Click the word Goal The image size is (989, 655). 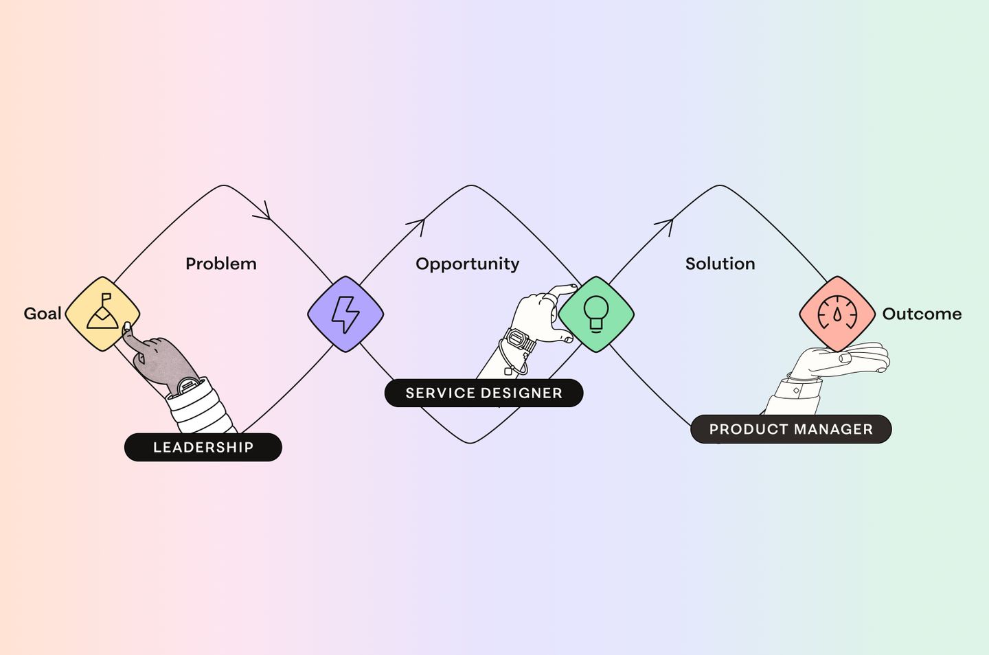click(43, 314)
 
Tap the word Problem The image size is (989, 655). click(221, 264)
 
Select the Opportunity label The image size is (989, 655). click(467, 264)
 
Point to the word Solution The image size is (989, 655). click(720, 264)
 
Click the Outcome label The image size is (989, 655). click(922, 314)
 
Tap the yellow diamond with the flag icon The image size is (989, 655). click(102, 313)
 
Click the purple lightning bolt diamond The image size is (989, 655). click(345, 314)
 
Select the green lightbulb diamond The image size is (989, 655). click(596, 314)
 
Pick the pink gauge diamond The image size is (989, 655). click(837, 314)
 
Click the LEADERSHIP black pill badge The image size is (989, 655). click(203, 448)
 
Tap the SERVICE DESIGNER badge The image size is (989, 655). click(484, 393)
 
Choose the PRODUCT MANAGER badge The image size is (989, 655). click(791, 429)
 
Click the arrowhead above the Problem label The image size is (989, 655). click(264, 212)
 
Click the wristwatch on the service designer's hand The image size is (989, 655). click(519, 340)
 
